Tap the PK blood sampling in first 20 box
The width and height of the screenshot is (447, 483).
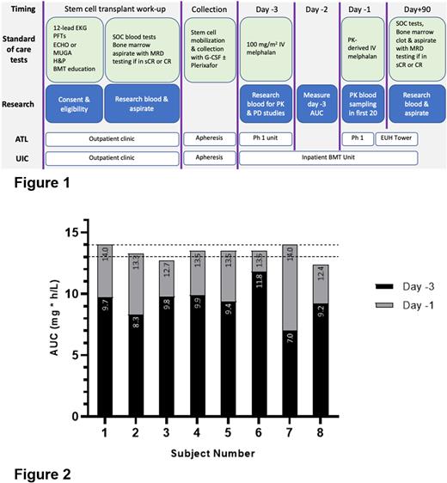pos(361,103)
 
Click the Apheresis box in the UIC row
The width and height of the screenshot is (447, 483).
pos(209,158)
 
